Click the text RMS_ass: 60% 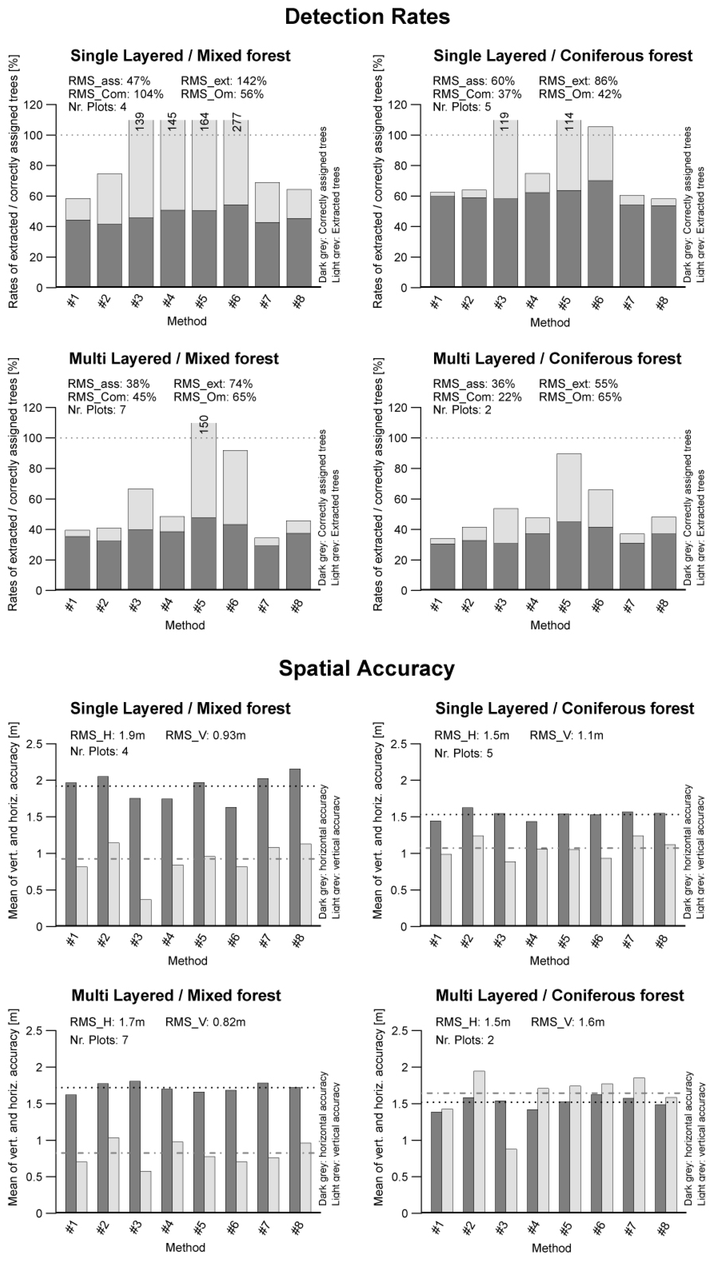pyautogui.click(x=473, y=81)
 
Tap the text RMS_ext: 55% pyautogui.click(x=578, y=384)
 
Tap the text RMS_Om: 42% pyautogui.click(x=580, y=94)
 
